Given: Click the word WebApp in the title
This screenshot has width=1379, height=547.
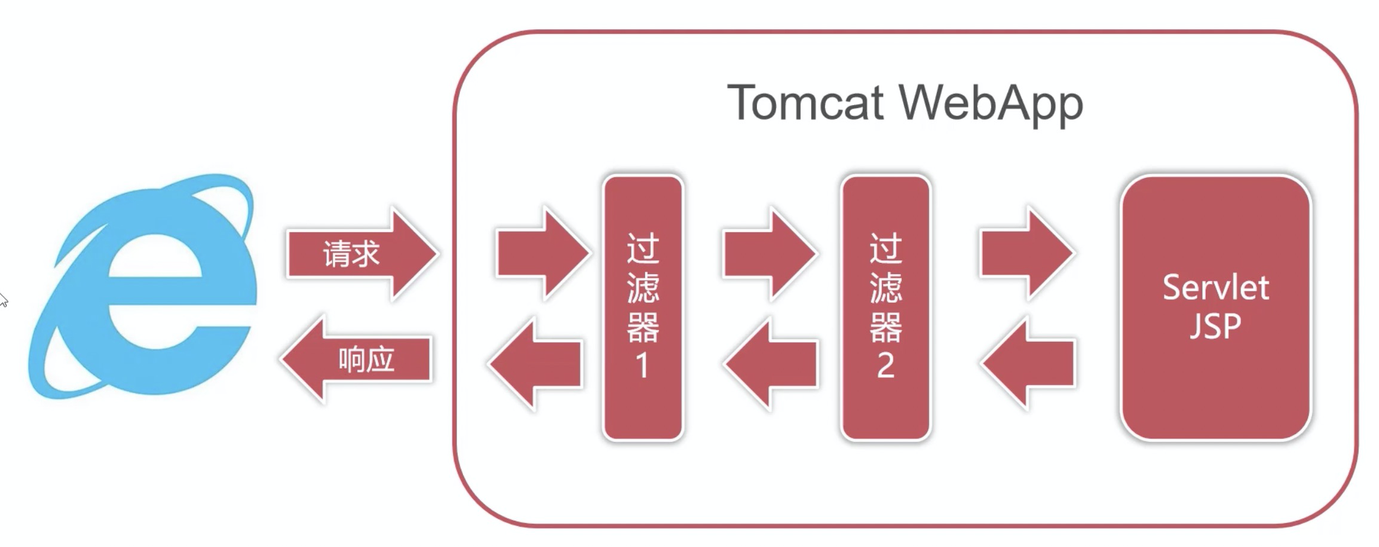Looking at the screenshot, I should tap(991, 103).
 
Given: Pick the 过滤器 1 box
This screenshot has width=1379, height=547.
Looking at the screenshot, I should tap(643, 308).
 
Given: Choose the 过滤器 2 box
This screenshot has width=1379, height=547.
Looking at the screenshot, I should tap(885, 308).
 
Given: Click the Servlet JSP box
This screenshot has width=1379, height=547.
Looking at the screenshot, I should tap(1215, 308).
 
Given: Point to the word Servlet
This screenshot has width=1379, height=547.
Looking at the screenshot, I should tap(1215, 288).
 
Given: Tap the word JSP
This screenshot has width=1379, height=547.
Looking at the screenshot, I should tap(1215, 326).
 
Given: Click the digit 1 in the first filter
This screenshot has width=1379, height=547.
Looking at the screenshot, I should tap(643, 365).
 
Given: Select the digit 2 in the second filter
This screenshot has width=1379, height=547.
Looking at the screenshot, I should tap(885, 365).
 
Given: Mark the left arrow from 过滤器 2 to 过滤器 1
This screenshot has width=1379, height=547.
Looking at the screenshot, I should tap(771, 363).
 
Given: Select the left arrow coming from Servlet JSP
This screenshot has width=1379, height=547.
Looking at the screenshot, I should tap(1028, 363).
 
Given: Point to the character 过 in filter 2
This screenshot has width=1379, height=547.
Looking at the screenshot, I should tap(885, 248).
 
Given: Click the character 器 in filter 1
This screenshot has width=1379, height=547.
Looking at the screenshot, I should tap(643, 327).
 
